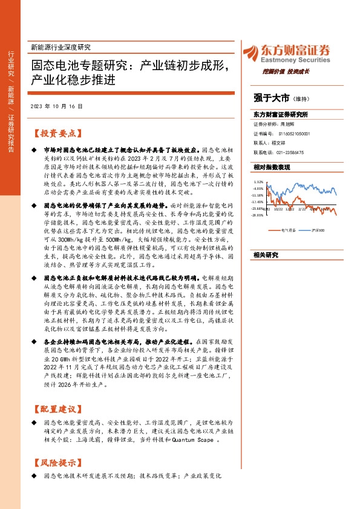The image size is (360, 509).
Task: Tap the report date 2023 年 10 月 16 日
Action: pos(56,106)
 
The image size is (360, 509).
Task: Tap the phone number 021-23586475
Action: pos(287,153)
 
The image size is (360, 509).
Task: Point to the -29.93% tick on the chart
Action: pos(258,215)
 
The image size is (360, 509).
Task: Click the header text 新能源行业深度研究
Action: pos(60,47)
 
